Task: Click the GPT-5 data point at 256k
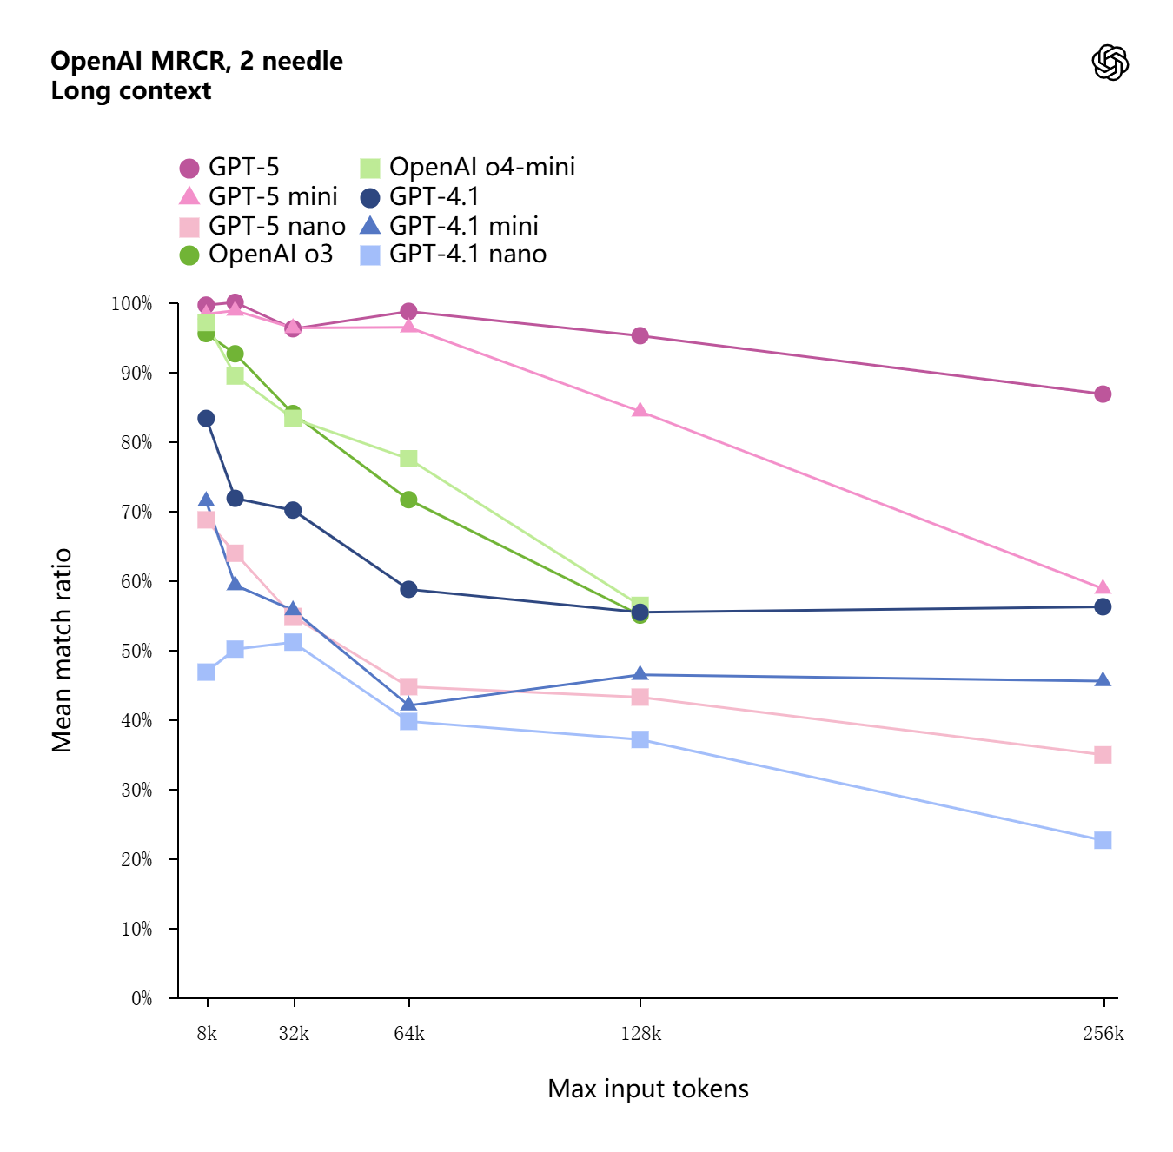(x=1103, y=394)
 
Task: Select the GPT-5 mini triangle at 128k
(x=640, y=410)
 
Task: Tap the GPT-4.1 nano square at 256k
(x=1103, y=840)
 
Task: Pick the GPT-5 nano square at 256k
(x=1103, y=755)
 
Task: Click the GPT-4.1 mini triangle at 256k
(x=1103, y=679)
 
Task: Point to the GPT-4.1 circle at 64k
(x=408, y=589)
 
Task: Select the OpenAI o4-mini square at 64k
(x=408, y=458)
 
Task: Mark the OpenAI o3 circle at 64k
(x=408, y=500)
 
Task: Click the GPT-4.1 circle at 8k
(x=206, y=419)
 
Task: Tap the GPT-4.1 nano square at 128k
(x=640, y=739)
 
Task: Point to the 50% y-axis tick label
(x=136, y=651)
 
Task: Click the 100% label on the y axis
(x=132, y=303)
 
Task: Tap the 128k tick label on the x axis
(x=640, y=1034)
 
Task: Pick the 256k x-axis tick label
(x=1103, y=1034)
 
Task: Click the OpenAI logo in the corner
(x=1110, y=63)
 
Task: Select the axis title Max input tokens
(x=648, y=1089)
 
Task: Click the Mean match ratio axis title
(x=62, y=650)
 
